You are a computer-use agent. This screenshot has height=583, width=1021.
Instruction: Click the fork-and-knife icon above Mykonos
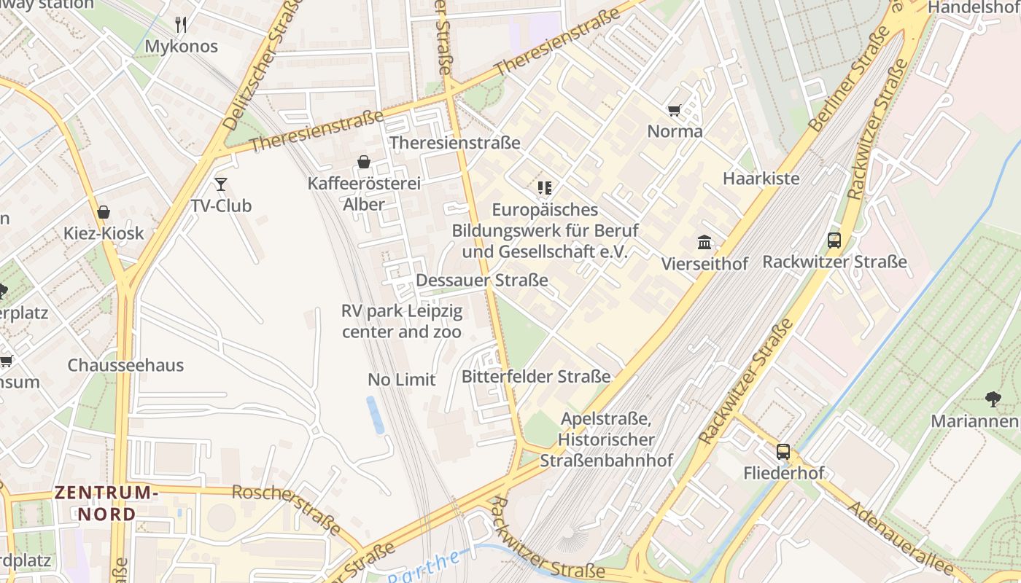(181, 25)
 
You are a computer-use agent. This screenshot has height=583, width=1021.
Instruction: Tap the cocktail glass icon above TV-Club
(221, 184)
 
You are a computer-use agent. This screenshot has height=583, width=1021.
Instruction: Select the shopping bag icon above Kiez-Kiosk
(104, 212)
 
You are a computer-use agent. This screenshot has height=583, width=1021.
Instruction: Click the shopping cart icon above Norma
(674, 110)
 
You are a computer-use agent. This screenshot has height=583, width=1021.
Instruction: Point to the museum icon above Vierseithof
(704, 242)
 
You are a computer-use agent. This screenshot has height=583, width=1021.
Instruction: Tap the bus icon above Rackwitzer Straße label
(834, 240)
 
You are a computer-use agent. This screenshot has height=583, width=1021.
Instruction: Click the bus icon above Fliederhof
(783, 451)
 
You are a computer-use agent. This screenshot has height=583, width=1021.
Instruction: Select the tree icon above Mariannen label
(993, 399)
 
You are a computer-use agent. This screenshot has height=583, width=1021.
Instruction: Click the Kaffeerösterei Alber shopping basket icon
(363, 162)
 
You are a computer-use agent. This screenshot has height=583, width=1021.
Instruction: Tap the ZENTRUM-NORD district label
(106, 503)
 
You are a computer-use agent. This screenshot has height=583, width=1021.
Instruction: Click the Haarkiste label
(761, 178)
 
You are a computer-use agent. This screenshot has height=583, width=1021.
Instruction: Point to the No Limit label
(401, 379)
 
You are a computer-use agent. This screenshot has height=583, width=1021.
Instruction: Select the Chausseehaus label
(125, 365)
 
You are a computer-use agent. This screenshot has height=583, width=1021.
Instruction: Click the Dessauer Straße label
(481, 280)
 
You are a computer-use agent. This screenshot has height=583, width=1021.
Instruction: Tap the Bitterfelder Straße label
(535, 377)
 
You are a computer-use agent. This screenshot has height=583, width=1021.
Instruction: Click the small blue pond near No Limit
(375, 414)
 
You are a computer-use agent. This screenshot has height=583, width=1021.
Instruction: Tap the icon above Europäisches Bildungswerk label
(544, 188)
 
